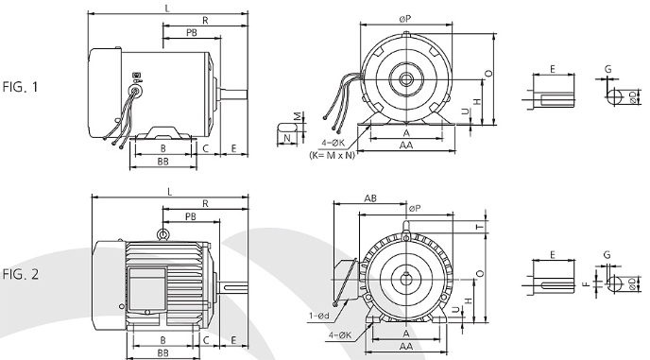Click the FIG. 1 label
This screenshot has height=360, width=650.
(x=20, y=87)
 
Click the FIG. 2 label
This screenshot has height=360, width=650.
(x=21, y=274)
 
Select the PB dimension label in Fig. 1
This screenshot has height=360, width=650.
(x=192, y=32)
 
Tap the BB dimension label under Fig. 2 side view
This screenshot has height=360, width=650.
(x=162, y=352)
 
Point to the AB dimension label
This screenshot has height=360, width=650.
(x=370, y=198)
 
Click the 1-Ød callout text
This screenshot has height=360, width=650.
(x=318, y=316)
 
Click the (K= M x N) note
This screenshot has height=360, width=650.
(x=333, y=156)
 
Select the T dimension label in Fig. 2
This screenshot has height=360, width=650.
(x=480, y=227)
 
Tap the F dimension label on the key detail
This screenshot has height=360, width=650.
(x=586, y=284)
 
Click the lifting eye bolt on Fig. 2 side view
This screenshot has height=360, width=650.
(x=163, y=234)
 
